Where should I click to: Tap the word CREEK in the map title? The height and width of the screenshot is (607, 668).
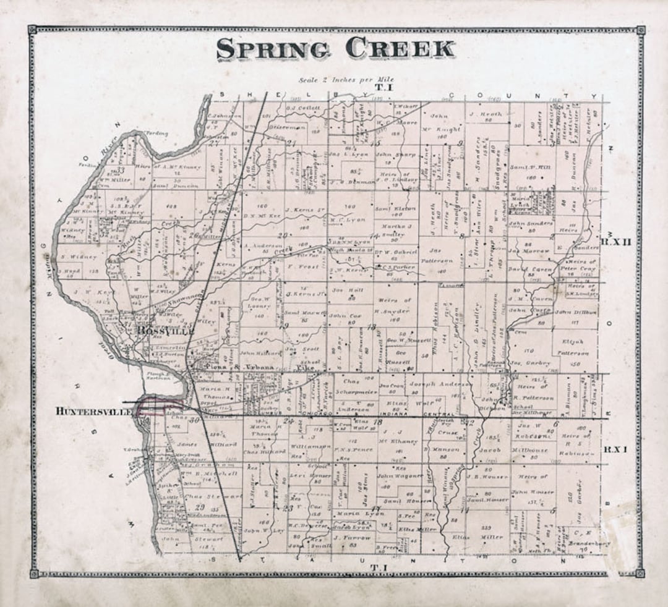400,48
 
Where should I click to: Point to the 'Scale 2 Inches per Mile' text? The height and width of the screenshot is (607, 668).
346,80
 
